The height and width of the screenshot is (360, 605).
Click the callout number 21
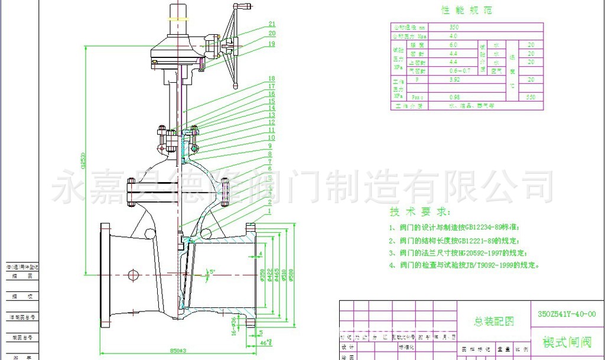click(271, 24)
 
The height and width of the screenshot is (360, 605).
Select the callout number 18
click(271, 79)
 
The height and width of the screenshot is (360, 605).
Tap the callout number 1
click(269, 210)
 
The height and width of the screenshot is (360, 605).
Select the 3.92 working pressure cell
click(454, 79)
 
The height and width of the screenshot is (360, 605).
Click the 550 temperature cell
click(531, 97)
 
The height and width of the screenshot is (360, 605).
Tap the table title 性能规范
click(467, 10)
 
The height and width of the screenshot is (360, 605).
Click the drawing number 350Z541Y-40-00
click(567, 314)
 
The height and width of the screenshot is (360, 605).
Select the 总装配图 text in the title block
click(495, 321)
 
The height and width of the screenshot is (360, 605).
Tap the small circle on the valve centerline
click(132, 274)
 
